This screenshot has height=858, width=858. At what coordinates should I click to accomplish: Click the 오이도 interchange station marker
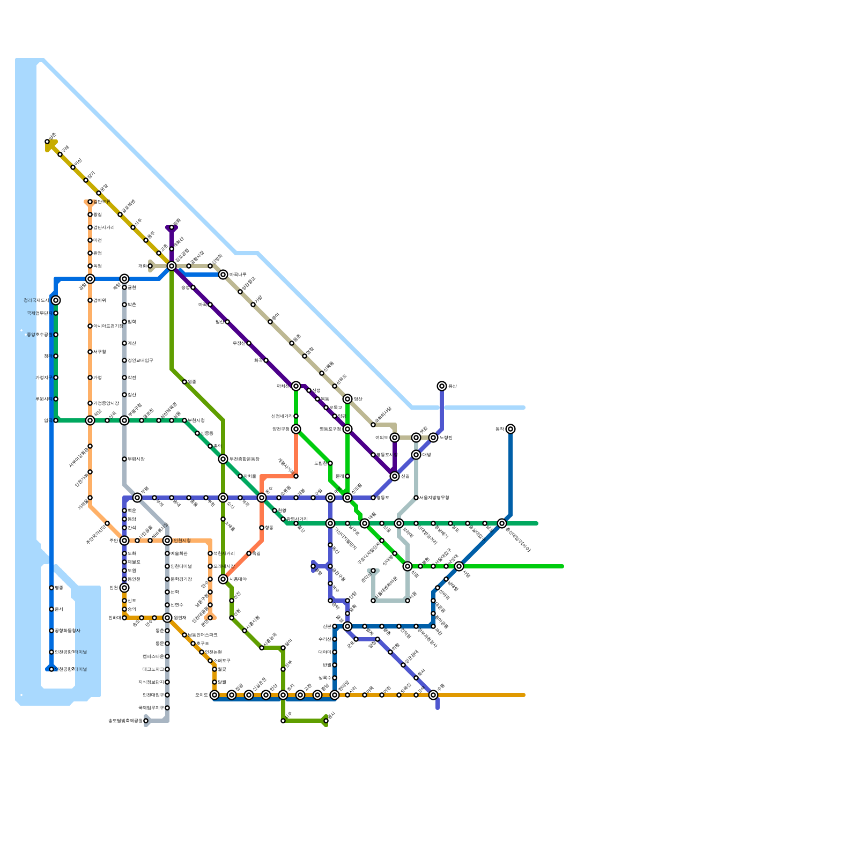214,695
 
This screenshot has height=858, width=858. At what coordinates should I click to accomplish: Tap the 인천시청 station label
182,541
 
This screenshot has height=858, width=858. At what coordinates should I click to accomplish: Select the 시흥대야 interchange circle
223,579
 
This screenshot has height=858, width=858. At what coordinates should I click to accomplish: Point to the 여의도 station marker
395,438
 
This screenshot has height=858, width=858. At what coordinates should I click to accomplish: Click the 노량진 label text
446,438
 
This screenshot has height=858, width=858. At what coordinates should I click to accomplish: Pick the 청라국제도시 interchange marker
56,300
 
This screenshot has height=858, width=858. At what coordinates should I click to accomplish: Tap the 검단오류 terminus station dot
90,202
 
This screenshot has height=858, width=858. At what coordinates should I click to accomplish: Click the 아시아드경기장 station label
108,326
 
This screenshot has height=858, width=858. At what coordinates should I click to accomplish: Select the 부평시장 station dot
124,459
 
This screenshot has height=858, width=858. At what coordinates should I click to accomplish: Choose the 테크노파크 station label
153,669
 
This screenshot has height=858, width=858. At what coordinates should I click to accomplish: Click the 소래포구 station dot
210,661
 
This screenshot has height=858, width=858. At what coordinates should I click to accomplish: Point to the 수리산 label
324,639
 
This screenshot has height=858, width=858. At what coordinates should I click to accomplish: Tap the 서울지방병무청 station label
434,498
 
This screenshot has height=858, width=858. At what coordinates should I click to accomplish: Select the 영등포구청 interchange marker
347,429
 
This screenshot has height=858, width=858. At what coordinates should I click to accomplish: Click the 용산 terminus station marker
442,386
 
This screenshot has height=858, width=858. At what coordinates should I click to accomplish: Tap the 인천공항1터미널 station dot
51,652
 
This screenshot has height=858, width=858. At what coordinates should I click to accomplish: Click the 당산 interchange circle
347,399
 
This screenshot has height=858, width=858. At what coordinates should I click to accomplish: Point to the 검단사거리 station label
104,227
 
